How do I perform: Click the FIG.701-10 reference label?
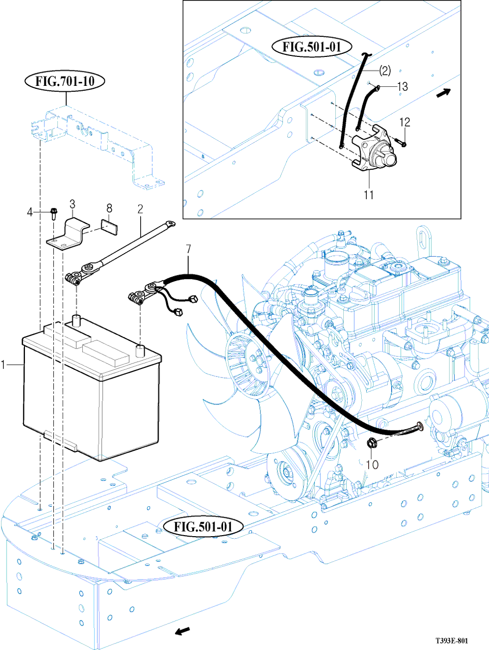65,81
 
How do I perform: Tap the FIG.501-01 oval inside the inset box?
312,47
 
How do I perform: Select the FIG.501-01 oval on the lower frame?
203,527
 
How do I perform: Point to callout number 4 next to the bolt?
30,213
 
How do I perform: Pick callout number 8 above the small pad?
109,209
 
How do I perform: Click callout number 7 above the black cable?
188,249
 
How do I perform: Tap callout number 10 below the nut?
372,464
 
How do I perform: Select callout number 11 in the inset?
369,195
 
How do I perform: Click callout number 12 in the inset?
405,122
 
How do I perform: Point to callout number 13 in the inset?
402,87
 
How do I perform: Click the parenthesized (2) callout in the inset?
385,70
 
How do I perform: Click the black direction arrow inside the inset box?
444,92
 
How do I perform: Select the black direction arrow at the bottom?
183,632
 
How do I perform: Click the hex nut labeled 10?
371,442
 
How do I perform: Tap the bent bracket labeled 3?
70,234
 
